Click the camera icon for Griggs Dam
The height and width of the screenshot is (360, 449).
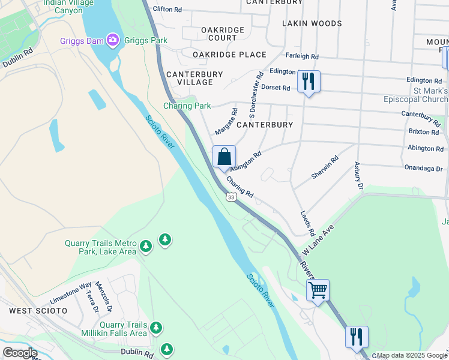tap(112, 40)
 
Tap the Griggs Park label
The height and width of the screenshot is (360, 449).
tap(145, 40)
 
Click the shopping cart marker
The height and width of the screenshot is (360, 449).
tap(318, 290)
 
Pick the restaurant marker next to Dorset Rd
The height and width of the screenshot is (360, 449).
tap(309, 82)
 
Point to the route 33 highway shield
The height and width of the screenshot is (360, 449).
tap(231, 196)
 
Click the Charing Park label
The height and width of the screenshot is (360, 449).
tap(187, 106)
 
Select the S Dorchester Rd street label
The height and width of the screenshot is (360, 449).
tap(251, 95)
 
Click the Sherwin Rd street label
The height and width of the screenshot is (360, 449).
tap(325, 167)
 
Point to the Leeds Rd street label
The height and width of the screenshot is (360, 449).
tap(308, 223)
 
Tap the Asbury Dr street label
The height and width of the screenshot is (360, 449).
tap(359, 176)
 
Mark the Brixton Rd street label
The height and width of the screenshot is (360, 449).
tap(423, 131)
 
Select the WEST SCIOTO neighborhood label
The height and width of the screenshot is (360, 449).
tap(34, 311)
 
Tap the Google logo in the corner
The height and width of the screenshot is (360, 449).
tap(20, 352)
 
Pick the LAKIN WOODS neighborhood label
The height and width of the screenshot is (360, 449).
tap(312, 23)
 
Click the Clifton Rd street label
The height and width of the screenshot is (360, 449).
tap(167, 10)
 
